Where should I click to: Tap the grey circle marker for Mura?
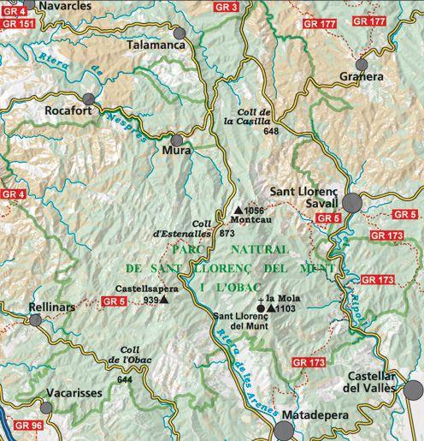177,140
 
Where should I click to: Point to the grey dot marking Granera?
362,65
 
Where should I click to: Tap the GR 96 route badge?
27,426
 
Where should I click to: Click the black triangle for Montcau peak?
238,209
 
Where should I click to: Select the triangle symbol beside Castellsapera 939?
164,300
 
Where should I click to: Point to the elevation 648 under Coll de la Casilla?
272,131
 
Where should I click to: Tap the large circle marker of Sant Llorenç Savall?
353,203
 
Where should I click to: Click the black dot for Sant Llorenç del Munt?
261,307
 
